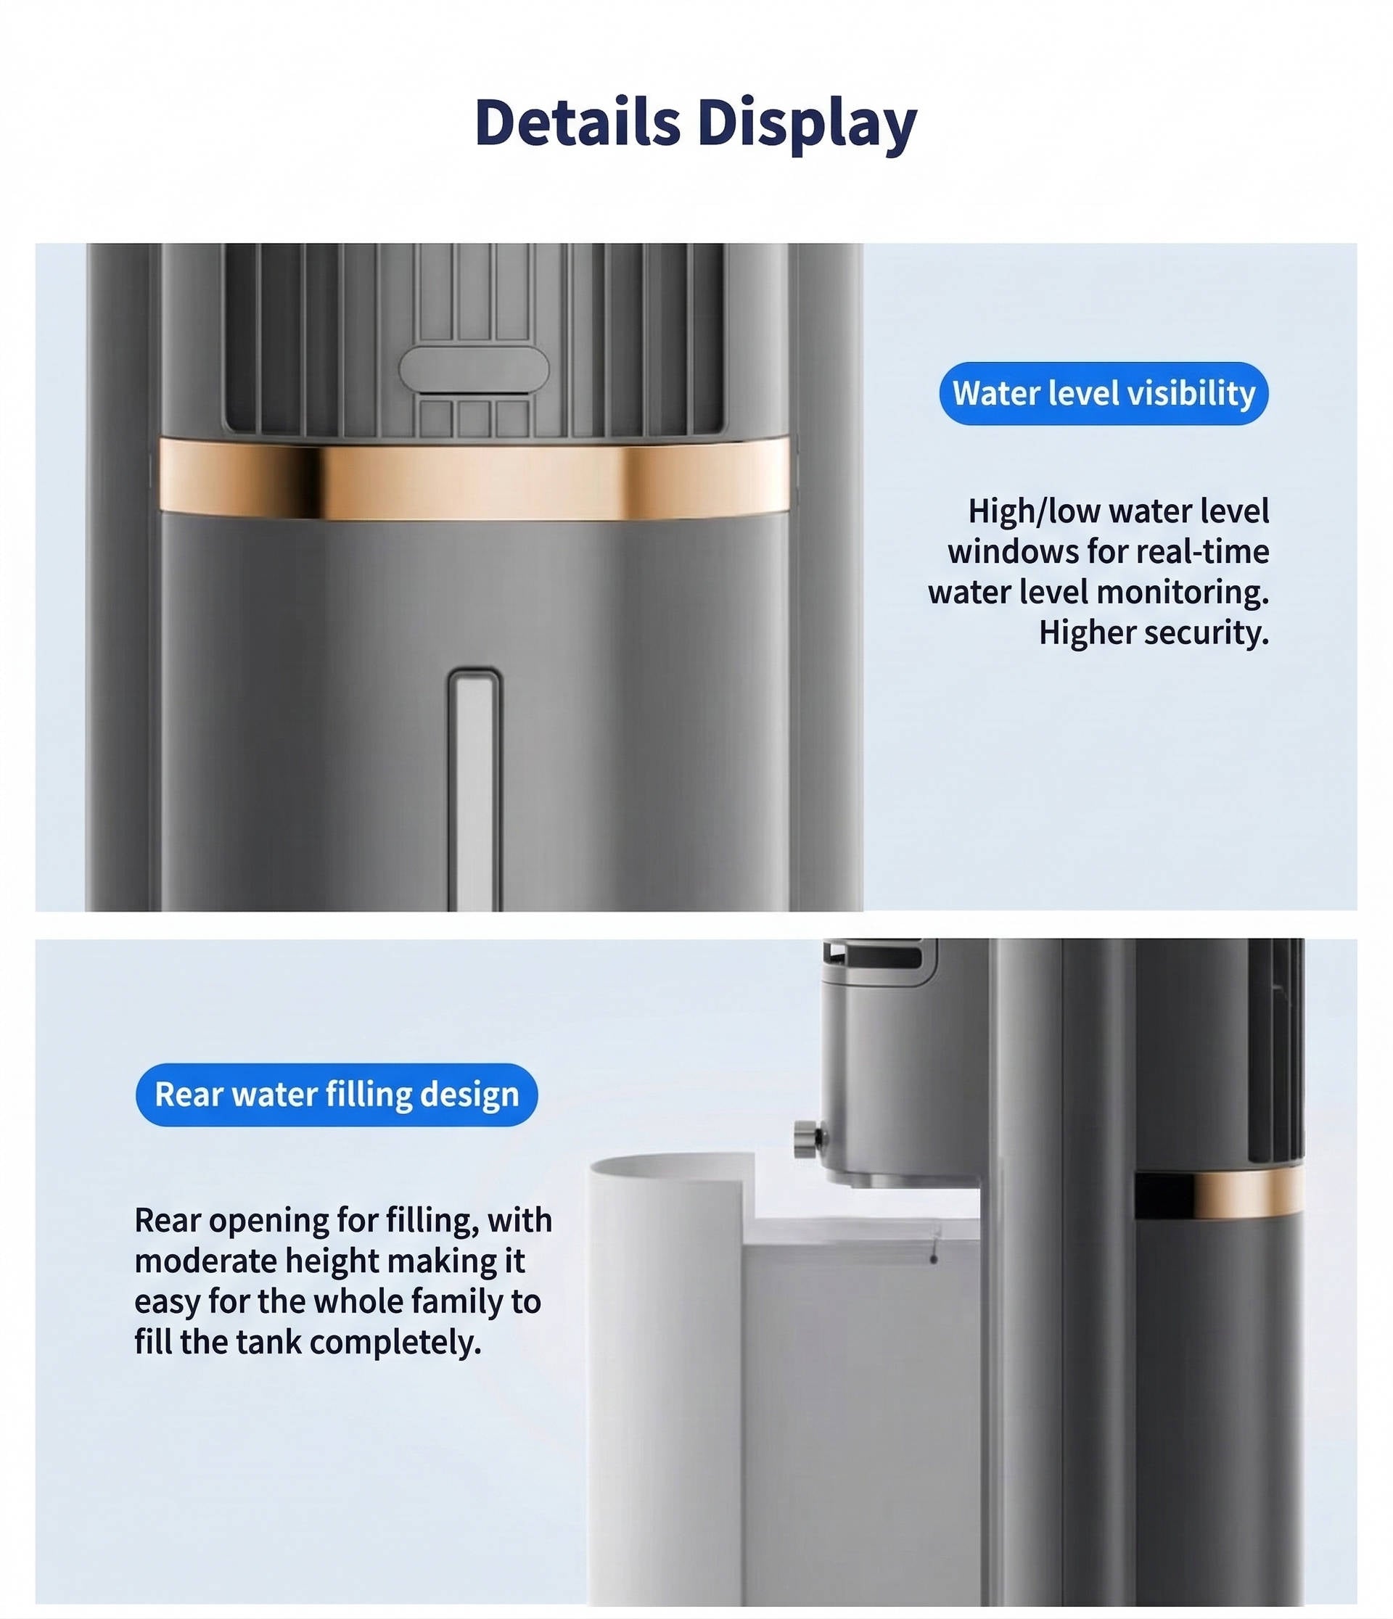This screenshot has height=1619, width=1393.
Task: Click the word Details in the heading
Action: click(578, 123)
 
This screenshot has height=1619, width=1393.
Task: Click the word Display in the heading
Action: click(807, 125)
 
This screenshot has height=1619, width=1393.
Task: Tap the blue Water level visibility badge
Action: click(1103, 393)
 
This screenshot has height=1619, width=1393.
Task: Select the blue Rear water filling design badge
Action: click(337, 1095)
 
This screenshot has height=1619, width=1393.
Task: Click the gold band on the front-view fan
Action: click(474, 478)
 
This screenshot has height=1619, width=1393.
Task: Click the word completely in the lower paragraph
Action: click(395, 1343)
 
